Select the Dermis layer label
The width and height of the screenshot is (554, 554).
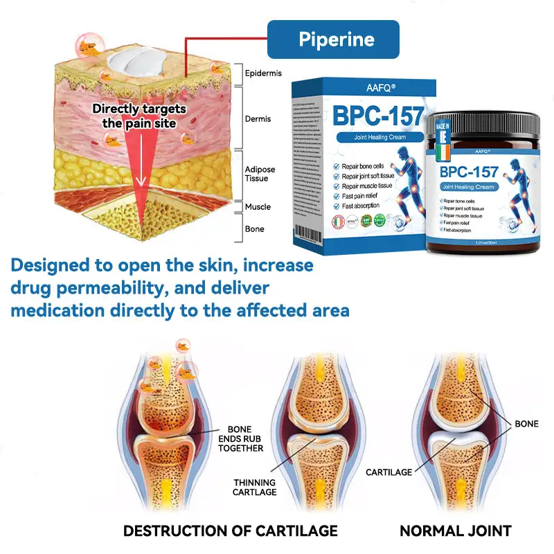click(258, 119)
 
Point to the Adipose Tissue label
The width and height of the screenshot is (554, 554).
click(260, 174)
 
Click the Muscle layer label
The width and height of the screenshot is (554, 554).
click(258, 207)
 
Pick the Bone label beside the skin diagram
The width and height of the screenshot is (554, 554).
click(254, 229)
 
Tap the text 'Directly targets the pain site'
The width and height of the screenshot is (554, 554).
click(139, 116)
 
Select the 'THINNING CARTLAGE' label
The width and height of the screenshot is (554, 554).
click(255, 488)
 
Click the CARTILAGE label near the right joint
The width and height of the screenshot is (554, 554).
click(388, 472)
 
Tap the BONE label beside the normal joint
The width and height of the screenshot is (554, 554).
click(526, 423)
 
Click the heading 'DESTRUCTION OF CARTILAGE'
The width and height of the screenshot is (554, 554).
click(231, 531)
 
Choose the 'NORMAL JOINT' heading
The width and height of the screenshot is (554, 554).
click(455, 531)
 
